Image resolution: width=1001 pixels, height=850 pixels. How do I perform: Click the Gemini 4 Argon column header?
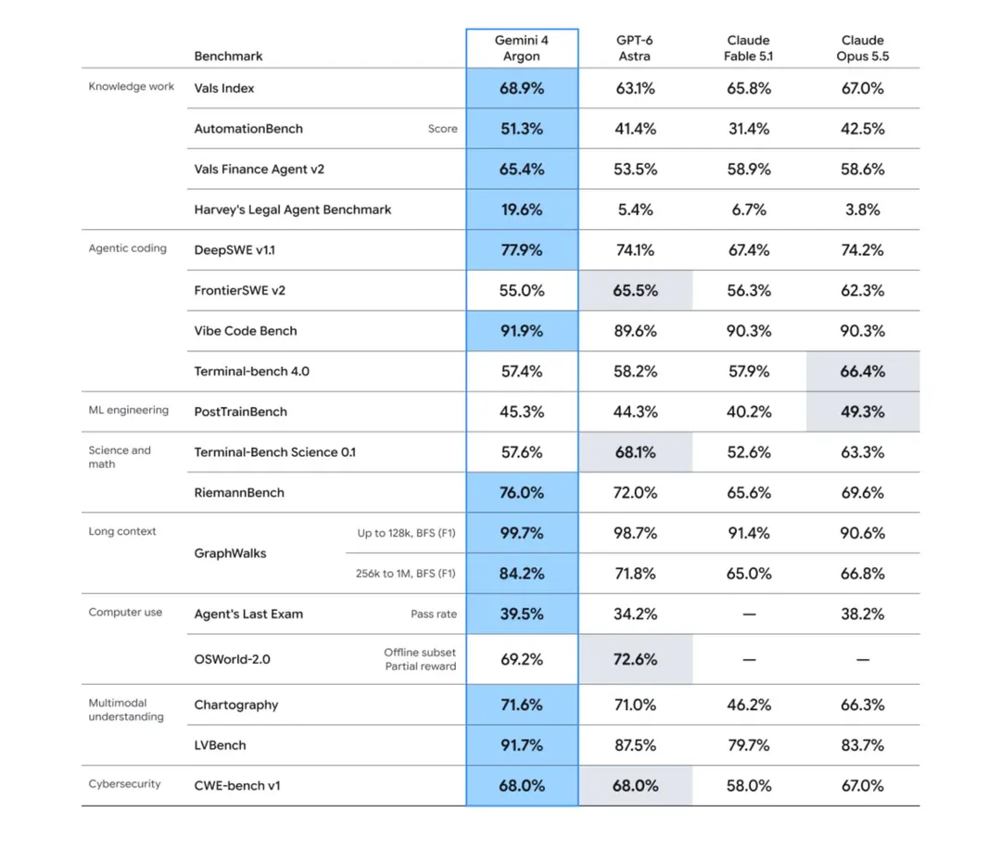pos(522,48)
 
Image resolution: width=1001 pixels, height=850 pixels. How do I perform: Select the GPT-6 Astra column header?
pos(635,48)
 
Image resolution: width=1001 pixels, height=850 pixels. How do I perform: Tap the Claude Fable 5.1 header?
pos(748,48)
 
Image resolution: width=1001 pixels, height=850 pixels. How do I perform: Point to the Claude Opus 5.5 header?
pos(863,48)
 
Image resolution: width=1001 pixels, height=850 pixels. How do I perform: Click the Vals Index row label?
pos(224,88)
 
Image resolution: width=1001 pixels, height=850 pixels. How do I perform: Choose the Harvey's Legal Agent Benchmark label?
pos(292,209)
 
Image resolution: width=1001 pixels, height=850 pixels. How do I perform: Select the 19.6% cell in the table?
pos(522,209)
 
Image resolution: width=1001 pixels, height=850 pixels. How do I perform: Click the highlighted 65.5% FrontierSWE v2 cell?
pos(635,290)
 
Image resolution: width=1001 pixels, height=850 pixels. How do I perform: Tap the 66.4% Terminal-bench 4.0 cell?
pos(863,371)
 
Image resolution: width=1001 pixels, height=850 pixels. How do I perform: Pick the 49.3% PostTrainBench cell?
pos(863,412)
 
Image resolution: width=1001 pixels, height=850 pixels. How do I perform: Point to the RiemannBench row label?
pos(239,492)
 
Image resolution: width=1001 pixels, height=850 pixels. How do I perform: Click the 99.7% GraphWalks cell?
pos(522,533)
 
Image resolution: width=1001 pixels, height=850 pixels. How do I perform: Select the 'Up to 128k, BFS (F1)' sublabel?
pos(407,533)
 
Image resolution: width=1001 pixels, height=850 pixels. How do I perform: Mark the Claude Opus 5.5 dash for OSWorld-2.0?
pos(863,659)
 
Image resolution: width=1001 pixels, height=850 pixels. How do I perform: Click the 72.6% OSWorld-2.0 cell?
pos(635,659)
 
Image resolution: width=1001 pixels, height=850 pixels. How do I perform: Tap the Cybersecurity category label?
pos(124,783)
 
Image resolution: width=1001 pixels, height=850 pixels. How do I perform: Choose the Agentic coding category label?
pos(128,248)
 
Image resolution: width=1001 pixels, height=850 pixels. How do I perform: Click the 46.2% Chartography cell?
pos(749,704)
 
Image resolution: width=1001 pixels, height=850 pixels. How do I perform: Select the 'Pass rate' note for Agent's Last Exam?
pos(434,614)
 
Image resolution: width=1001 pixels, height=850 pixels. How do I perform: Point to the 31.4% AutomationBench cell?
pos(749,129)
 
